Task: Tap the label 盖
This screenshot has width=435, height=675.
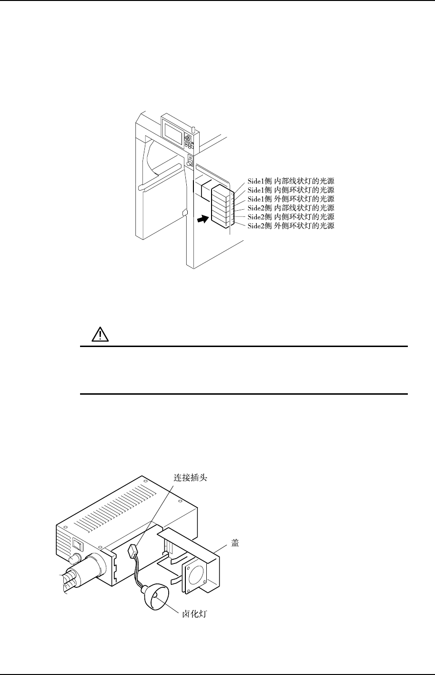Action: click(235, 544)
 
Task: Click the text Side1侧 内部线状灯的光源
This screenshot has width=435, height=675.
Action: click(291, 182)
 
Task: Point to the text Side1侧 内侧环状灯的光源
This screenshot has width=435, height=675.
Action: click(291, 190)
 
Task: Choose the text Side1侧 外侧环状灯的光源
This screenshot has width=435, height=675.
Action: click(291, 199)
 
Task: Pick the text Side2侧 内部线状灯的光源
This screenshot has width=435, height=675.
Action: click(291, 208)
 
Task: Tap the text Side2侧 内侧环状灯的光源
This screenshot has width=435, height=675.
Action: click(291, 216)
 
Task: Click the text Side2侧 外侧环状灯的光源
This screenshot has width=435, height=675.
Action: click(291, 225)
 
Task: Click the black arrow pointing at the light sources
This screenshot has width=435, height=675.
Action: click(202, 219)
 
